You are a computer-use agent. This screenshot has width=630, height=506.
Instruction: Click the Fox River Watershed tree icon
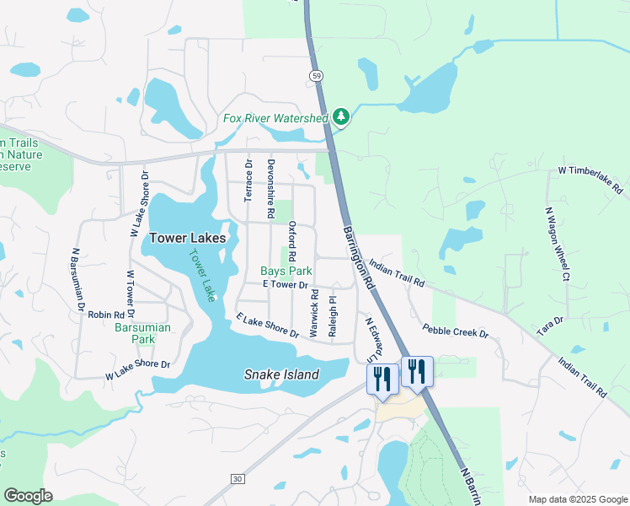(x=341, y=117)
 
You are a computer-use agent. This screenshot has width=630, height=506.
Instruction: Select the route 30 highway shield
(x=238, y=479)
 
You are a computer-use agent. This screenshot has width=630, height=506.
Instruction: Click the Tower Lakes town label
(x=188, y=239)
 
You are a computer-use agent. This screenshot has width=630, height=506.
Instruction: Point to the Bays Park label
(x=286, y=272)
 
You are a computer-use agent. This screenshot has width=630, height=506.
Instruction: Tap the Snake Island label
(x=282, y=374)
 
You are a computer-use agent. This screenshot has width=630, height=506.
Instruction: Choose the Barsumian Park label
(x=136, y=333)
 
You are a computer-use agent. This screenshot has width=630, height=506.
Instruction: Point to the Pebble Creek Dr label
(x=456, y=331)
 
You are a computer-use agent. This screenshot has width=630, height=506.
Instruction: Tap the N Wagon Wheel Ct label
(x=557, y=244)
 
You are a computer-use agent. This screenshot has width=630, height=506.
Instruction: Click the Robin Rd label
(x=106, y=314)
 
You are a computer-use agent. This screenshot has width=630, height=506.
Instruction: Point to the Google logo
(x=29, y=496)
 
